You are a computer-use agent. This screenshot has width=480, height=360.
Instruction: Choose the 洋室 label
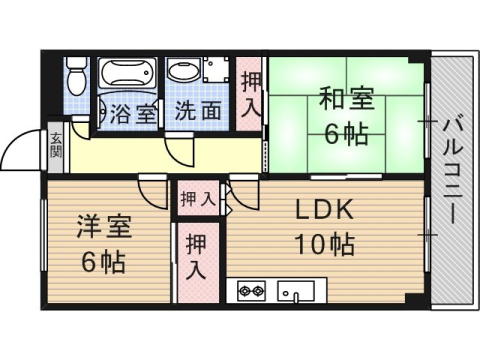103,226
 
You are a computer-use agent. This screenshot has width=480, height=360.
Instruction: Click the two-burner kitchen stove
250,291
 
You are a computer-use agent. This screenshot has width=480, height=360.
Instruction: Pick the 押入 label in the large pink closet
197,257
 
